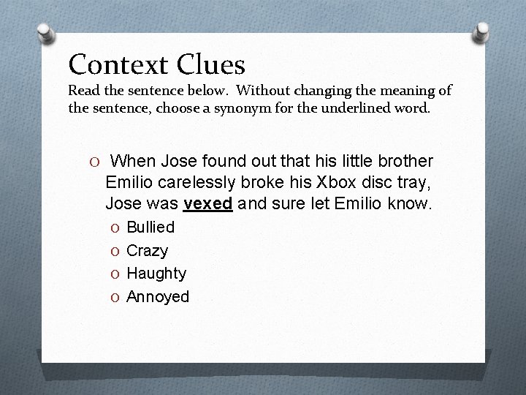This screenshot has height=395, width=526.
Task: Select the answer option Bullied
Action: (x=150, y=227)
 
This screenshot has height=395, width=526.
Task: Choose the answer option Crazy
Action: (x=147, y=250)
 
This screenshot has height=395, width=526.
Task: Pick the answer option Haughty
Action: (x=156, y=274)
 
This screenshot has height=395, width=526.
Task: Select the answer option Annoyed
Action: (x=158, y=296)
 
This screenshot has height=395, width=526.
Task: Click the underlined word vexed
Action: (x=209, y=203)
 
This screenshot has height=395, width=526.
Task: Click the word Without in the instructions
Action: (x=272, y=91)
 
